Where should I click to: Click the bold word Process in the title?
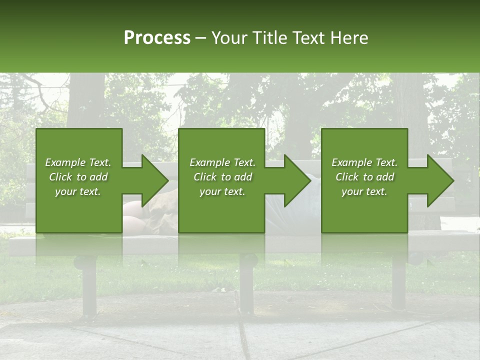click(x=157, y=38)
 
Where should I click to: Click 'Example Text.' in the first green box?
click(x=78, y=162)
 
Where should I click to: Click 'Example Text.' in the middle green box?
click(x=222, y=162)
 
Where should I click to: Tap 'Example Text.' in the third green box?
click(x=364, y=162)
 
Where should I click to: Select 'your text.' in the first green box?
click(x=78, y=191)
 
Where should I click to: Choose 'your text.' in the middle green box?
click(x=222, y=191)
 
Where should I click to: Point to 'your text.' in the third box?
click(x=364, y=191)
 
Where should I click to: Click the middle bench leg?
click(x=246, y=285)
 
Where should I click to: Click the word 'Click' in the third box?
click(x=347, y=177)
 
